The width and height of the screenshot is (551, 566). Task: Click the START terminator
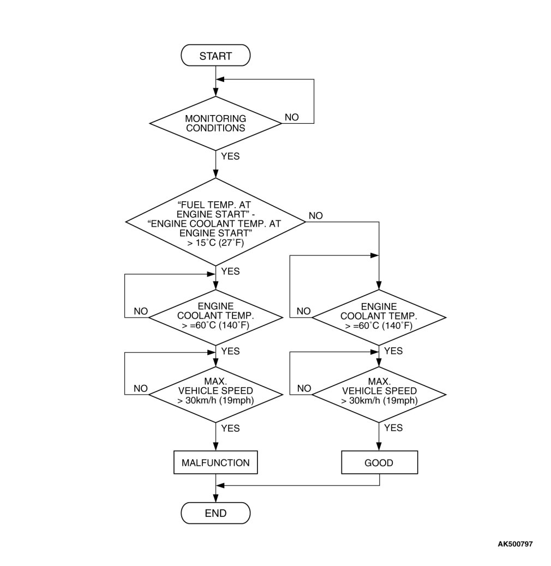[215, 56]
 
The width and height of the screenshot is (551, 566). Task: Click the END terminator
[215, 513]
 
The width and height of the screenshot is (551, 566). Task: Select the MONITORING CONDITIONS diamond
[215, 123]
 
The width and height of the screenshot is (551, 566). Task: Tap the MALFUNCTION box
[215, 463]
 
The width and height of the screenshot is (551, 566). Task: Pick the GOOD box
[379, 463]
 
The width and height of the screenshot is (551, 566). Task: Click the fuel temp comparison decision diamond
[215, 221]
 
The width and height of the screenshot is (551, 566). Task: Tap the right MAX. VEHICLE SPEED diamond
[379, 390]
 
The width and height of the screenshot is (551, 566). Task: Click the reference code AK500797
[515, 544]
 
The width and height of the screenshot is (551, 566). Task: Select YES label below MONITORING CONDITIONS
[230, 156]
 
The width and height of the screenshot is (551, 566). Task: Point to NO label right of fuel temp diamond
[315, 216]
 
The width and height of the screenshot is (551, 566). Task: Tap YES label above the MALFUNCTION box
[230, 429]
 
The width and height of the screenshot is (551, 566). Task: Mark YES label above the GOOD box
[393, 428]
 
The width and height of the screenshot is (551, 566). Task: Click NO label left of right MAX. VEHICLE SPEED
[304, 388]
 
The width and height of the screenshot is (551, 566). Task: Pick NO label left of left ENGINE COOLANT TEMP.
[141, 311]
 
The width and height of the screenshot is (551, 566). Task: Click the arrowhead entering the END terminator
[216, 498]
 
